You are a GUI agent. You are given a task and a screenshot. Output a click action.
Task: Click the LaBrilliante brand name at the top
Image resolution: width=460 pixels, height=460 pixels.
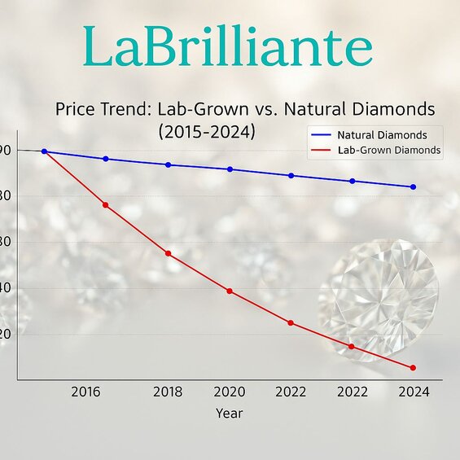click(228, 48)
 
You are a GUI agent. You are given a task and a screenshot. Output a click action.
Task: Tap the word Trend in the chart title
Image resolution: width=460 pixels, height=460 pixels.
click(129, 108)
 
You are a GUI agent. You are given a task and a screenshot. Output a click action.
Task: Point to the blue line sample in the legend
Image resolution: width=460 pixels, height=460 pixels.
click(322, 134)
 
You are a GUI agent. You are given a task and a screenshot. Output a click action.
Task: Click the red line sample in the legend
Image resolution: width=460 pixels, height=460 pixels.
click(322, 151)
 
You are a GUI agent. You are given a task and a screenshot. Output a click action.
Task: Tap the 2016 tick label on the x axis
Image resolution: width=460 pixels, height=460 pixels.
click(85, 392)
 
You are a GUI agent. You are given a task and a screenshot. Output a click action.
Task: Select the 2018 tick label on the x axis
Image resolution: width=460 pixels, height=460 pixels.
click(169, 392)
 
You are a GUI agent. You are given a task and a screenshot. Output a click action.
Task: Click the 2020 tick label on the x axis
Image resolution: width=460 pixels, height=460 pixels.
click(230, 392)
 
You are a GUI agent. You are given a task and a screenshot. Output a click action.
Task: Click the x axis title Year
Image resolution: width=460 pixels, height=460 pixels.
click(229, 413)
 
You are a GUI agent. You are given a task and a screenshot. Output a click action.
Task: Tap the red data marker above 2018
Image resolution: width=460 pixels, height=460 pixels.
click(169, 254)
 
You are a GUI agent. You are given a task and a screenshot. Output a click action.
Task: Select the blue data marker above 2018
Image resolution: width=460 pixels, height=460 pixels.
click(169, 165)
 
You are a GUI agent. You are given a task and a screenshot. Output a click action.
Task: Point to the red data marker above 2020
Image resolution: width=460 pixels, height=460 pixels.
click(230, 291)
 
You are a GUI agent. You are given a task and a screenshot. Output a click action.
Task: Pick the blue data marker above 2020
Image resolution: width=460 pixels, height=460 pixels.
click(230, 169)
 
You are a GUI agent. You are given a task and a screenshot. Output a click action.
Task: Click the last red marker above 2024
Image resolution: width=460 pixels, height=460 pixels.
click(413, 368)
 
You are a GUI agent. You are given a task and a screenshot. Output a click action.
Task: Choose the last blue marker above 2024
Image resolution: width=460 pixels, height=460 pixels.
click(413, 187)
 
